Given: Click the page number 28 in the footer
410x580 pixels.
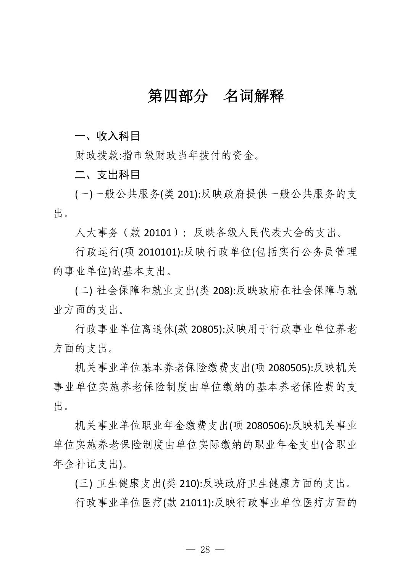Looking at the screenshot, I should (205, 549).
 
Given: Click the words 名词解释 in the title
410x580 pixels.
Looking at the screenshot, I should (254, 96).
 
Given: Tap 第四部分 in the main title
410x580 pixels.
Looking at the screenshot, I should (178, 96).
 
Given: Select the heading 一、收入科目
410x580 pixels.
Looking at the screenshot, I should (108, 136).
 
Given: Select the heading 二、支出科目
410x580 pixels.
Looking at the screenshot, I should (108, 175).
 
